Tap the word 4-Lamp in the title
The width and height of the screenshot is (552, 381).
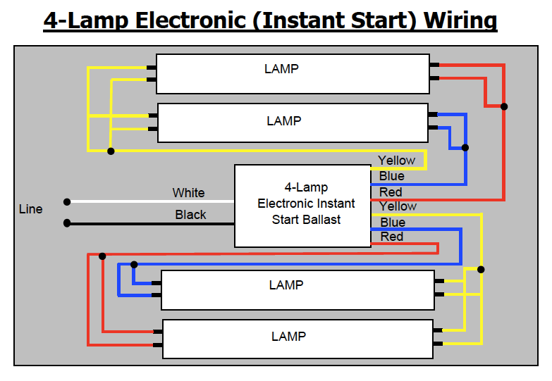click(85, 20)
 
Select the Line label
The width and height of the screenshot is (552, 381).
click(30, 209)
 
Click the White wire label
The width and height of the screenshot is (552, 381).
click(188, 193)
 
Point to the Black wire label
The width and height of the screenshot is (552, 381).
click(190, 215)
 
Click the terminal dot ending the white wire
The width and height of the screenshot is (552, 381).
click(67, 202)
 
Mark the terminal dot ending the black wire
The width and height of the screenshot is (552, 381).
click(67, 223)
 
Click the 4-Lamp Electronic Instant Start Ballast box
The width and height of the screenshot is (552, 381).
click(302, 206)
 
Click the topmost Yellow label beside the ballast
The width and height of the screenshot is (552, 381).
click(396, 161)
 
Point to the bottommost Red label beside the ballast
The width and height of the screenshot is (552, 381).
click(391, 237)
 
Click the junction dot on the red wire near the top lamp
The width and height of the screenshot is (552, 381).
click(504, 107)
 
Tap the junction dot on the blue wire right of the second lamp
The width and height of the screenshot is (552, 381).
click(465, 148)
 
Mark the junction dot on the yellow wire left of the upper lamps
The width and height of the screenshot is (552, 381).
click(111, 151)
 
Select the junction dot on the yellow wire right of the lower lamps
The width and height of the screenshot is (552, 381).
click(482, 269)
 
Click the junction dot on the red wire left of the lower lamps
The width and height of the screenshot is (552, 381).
click(103, 256)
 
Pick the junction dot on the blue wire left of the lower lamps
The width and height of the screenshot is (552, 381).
click(134, 265)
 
